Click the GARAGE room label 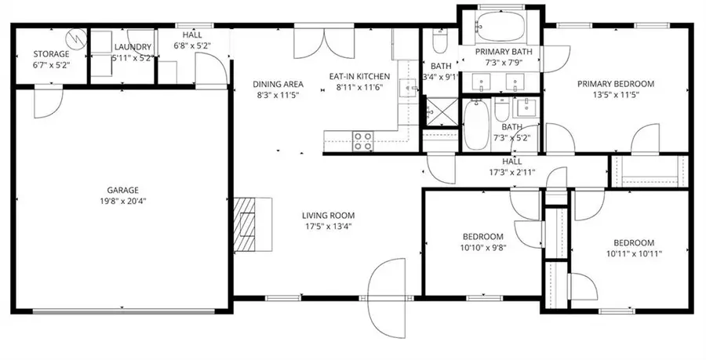click(x=122, y=191)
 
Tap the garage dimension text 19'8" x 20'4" click(x=123, y=201)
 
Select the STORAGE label click(x=51, y=54)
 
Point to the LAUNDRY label click(x=133, y=47)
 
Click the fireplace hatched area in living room click(x=244, y=224)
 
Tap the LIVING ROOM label click(x=328, y=216)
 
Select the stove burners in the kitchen click(x=362, y=141)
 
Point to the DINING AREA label click(x=278, y=84)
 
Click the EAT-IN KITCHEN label click(x=359, y=77)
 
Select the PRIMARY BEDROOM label click(x=616, y=84)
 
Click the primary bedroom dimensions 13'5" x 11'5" click(x=616, y=94)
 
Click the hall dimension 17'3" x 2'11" click(x=512, y=172)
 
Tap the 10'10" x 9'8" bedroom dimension click(x=483, y=247)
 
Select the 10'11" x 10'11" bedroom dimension click(x=634, y=254)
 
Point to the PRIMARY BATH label click(x=504, y=52)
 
